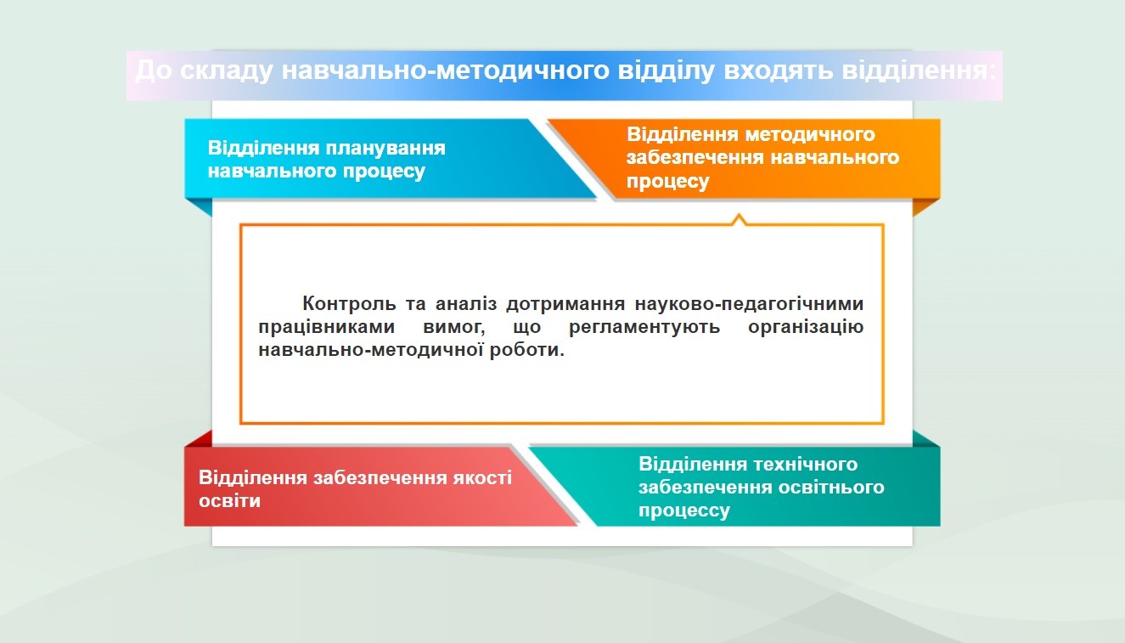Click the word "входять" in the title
pos(778,71)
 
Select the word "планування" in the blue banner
pos(385,148)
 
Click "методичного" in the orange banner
pos(810,134)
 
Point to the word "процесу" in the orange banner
pos(667,181)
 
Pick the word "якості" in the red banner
pos(482,477)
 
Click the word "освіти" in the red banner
pos(229,500)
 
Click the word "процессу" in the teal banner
pos(684,510)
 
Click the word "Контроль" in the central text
pos(349,303)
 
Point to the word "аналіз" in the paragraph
pos(466,303)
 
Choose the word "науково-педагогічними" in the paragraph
pos(749,304)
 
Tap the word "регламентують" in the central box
pos(644,327)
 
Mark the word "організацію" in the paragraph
pos(806,327)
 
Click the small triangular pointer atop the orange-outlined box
pos(739,220)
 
